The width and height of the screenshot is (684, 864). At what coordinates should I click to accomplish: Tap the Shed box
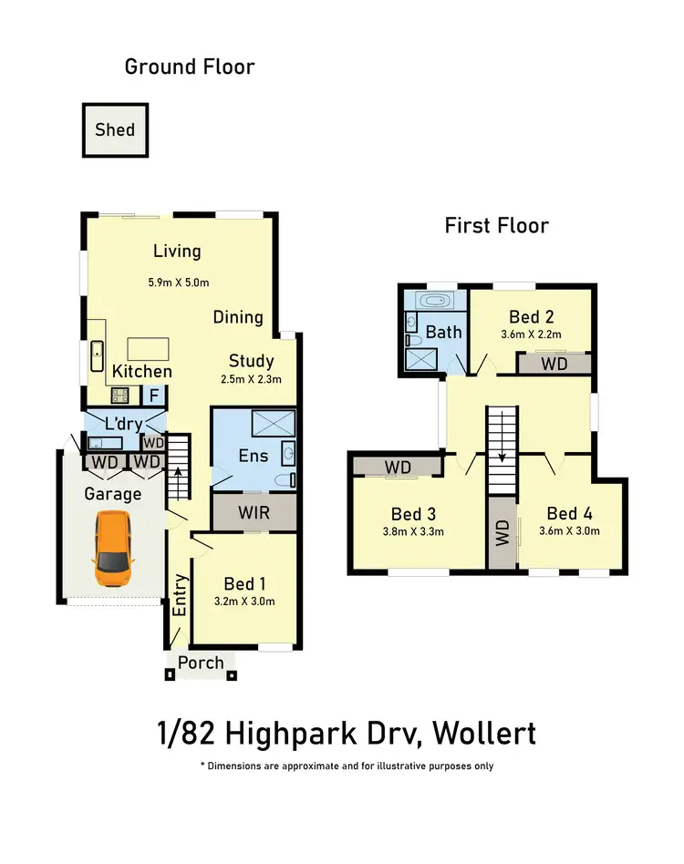coord(115,129)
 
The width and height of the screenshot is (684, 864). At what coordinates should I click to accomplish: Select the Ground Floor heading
coord(190,67)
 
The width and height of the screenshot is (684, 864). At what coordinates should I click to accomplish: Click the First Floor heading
coord(496,225)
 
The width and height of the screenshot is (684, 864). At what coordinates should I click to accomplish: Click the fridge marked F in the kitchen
coord(154,396)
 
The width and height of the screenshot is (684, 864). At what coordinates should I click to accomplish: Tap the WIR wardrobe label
coord(254,512)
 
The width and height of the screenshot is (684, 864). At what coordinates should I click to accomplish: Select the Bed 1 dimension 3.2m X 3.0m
coord(244,602)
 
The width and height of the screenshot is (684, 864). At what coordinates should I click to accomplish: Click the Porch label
coord(201,663)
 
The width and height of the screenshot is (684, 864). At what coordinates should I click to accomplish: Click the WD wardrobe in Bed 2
coord(554,364)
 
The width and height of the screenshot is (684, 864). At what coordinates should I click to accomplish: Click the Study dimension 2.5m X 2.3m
coord(251,380)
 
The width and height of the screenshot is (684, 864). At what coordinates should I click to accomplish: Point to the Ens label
coord(252,455)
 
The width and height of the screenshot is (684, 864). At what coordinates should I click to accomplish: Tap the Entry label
coord(180,595)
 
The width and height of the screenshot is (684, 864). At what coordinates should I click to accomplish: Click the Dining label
coord(238,317)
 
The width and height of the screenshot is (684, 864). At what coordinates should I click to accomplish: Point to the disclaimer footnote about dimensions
coord(347,766)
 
